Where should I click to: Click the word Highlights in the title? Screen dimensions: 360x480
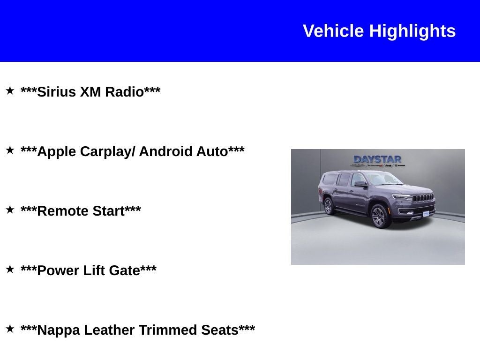coord(412,31)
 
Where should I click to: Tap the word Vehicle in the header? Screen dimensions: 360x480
coord(333,31)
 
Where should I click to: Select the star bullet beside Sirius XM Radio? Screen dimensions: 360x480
coord(10,90)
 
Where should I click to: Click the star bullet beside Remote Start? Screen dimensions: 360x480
coord(10,210)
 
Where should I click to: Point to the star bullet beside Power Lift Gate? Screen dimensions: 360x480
coord(10,269)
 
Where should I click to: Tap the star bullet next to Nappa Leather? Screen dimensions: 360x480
coord(10,329)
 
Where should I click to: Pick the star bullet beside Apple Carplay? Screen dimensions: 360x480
coord(10,150)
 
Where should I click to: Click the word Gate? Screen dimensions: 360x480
coord(124,270)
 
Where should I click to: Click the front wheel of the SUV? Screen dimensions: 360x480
coord(378,217)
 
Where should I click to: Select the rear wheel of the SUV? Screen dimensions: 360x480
coord(328,206)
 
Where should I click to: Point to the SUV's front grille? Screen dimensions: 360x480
coord(423,198)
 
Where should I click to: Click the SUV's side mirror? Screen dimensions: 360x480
coord(360,184)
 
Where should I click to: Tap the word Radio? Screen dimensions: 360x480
coord(124,92)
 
